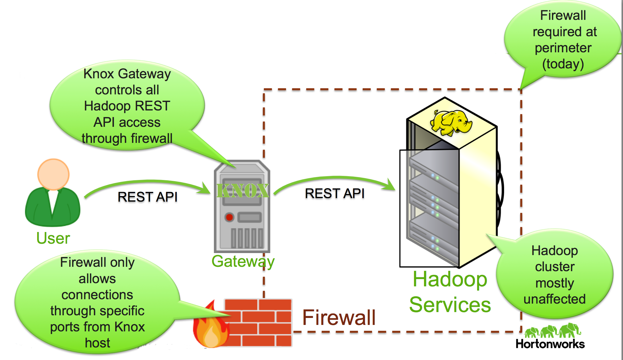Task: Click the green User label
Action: point(53,238)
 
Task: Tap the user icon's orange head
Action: point(53,174)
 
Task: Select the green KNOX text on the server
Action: point(243,191)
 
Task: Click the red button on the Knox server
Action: point(229,217)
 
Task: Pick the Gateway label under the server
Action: point(243,261)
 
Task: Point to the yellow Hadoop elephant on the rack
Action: point(451,123)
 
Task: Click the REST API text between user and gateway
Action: point(148,197)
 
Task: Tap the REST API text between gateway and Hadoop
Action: point(335,193)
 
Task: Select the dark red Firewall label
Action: point(339,318)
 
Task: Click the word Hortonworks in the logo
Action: point(550,344)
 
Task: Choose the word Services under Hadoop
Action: point(450,305)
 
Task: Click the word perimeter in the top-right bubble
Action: point(563,48)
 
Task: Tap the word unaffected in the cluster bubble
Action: point(555,299)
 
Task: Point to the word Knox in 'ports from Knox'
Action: point(129,327)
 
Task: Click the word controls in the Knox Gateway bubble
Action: point(127,90)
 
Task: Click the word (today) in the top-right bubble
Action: point(563,64)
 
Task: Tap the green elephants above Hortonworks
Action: point(552,330)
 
